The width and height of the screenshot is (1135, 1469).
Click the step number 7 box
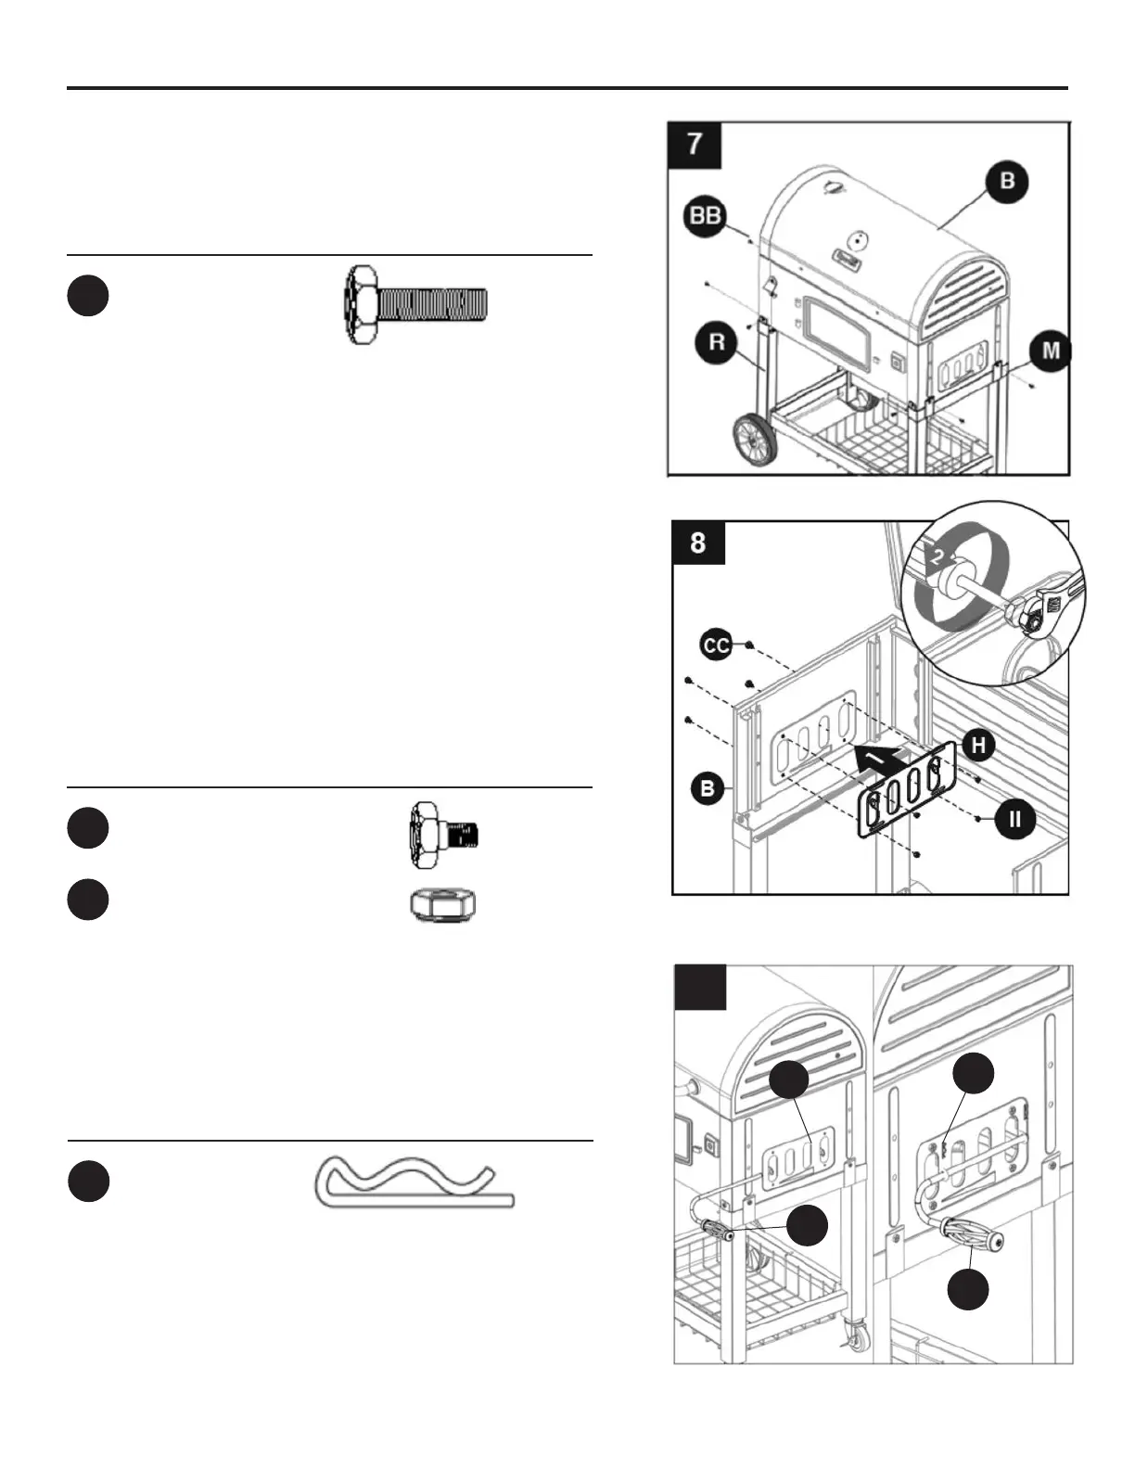tap(695, 144)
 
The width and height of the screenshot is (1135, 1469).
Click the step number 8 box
tap(698, 542)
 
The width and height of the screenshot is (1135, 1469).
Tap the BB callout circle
tap(706, 215)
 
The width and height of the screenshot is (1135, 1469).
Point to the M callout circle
tap(1051, 351)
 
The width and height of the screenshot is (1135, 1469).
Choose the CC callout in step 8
tap(716, 645)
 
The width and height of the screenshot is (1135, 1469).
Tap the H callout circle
tap(978, 744)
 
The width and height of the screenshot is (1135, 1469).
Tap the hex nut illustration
tap(443, 902)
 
